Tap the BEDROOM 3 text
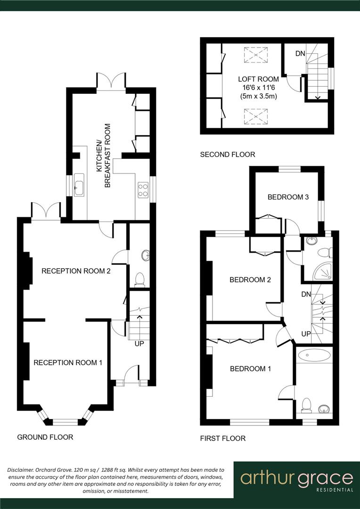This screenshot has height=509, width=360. [x=288, y=197]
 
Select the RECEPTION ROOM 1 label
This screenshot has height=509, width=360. [x=67, y=362]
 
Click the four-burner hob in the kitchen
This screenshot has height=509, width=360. [x=142, y=189]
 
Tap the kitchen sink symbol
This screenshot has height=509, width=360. [x=78, y=188]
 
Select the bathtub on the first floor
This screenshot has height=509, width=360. [x=314, y=355]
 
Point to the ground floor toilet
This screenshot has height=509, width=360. [x=139, y=279]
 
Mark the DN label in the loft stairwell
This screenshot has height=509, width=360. [x=300, y=53]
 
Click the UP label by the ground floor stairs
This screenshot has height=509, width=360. [x=139, y=344]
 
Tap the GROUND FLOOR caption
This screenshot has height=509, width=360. [x=45, y=437]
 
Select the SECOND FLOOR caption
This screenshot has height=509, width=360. [x=227, y=154]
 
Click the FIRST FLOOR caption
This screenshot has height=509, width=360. [x=223, y=438]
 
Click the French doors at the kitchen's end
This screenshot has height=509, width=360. [x=111, y=81]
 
